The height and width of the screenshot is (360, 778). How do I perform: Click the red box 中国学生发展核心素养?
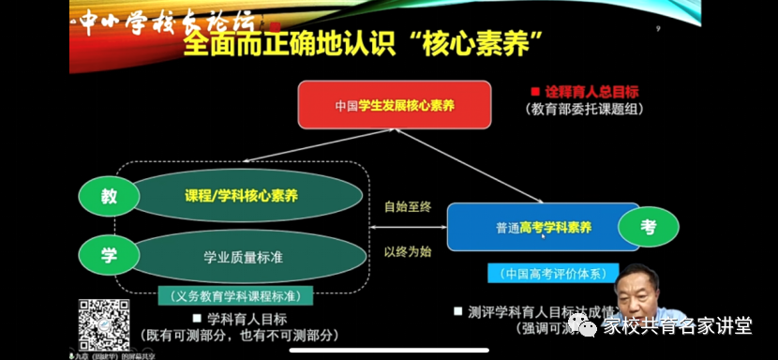click(394, 105)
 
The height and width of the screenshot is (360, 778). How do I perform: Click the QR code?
click(102, 322)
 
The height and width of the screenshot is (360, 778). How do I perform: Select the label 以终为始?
click(408, 250)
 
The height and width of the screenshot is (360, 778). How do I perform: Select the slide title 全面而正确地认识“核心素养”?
click(366, 43)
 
